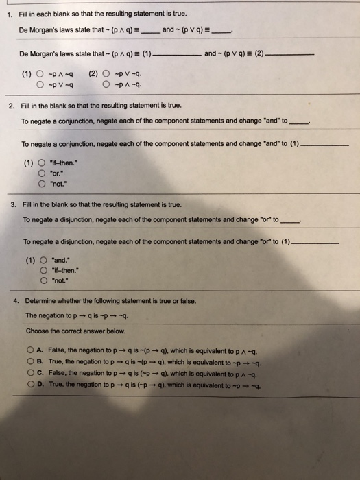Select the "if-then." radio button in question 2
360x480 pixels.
[43, 163]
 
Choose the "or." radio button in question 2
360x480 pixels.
[43, 173]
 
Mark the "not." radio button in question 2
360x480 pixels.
[43, 183]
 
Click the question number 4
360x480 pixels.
[16, 301]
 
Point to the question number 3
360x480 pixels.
[14, 205]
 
